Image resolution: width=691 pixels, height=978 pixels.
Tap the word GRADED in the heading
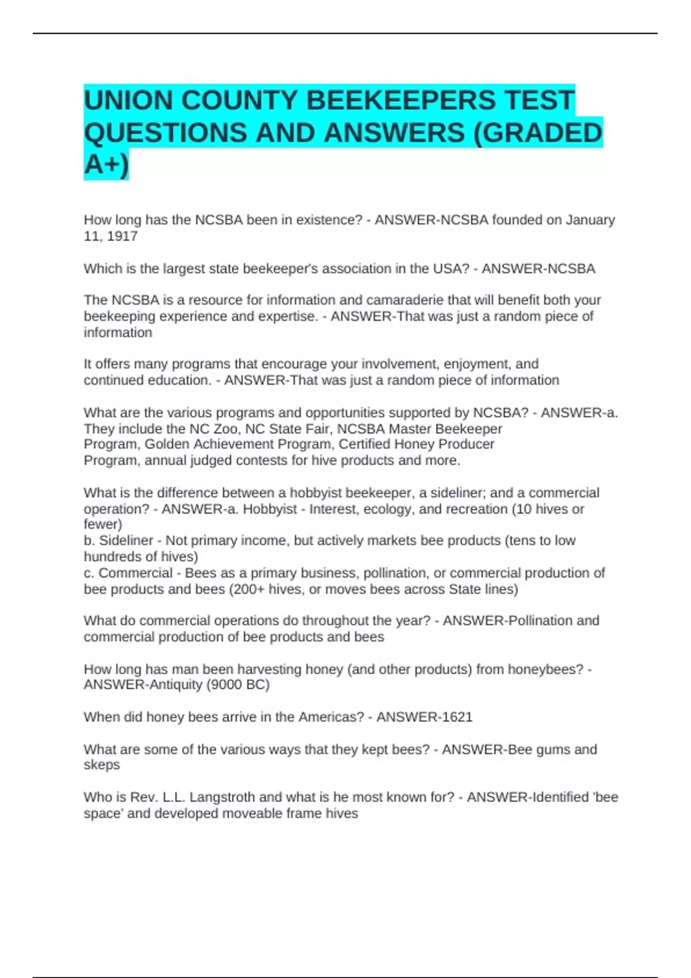pyautogui.click(x=544, y=133)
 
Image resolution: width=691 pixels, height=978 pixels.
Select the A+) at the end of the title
pyautogui.click(x=107, y=165)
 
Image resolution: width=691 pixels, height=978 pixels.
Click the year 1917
pyautogui.click(x=122, y=236)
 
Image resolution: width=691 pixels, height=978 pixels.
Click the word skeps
pyautogui.click(x=102, y=765)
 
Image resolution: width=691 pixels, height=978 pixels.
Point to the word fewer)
pyautogui.click(x=103, y=524)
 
